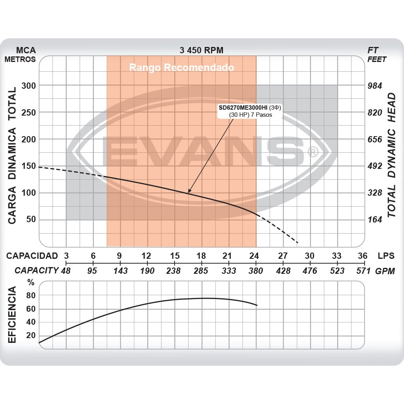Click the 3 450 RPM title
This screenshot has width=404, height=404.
[201, 50]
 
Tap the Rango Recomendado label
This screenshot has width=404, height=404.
[181, 67]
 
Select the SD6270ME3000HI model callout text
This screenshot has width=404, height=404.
[243, 107]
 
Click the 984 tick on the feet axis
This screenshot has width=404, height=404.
[375, 86]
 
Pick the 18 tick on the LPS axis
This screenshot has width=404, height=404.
[201, 256]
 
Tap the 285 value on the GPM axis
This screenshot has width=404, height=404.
[201, 271]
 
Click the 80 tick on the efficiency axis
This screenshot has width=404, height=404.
[31, 296]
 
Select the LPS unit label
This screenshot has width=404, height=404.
[386, 256]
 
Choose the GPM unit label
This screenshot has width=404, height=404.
[385, 271]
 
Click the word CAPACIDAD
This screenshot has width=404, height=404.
[32, 256]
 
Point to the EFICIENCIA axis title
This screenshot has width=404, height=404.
[12, 314]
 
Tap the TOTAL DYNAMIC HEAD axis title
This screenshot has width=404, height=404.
[391, 155]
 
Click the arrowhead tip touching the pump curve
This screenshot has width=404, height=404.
[189, 193]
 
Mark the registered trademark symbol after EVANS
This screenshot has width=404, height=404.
[312, 152]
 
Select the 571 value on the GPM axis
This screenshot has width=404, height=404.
[363, 271]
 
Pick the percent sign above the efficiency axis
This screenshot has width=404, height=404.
[31, 282]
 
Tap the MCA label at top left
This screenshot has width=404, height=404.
[26, 50]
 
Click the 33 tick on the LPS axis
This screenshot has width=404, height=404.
[337, 256]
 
